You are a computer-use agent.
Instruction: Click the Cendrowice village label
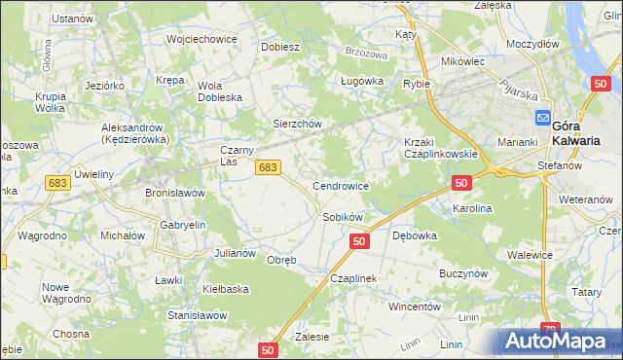[x=340, y=185]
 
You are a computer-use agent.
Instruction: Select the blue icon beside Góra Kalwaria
[x=542, y=118]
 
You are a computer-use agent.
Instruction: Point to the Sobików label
[x=343, y=216]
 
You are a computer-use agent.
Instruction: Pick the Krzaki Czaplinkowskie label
[x=440, y=148]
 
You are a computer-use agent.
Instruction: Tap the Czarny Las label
[x=238, y=156]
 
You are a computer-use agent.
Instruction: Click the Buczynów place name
[x=462, y=274]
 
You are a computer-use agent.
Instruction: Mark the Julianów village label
[x=235, y=253]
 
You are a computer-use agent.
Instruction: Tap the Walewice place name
[x=531, y=255]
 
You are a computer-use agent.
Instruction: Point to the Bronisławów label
[x=175, y=193]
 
